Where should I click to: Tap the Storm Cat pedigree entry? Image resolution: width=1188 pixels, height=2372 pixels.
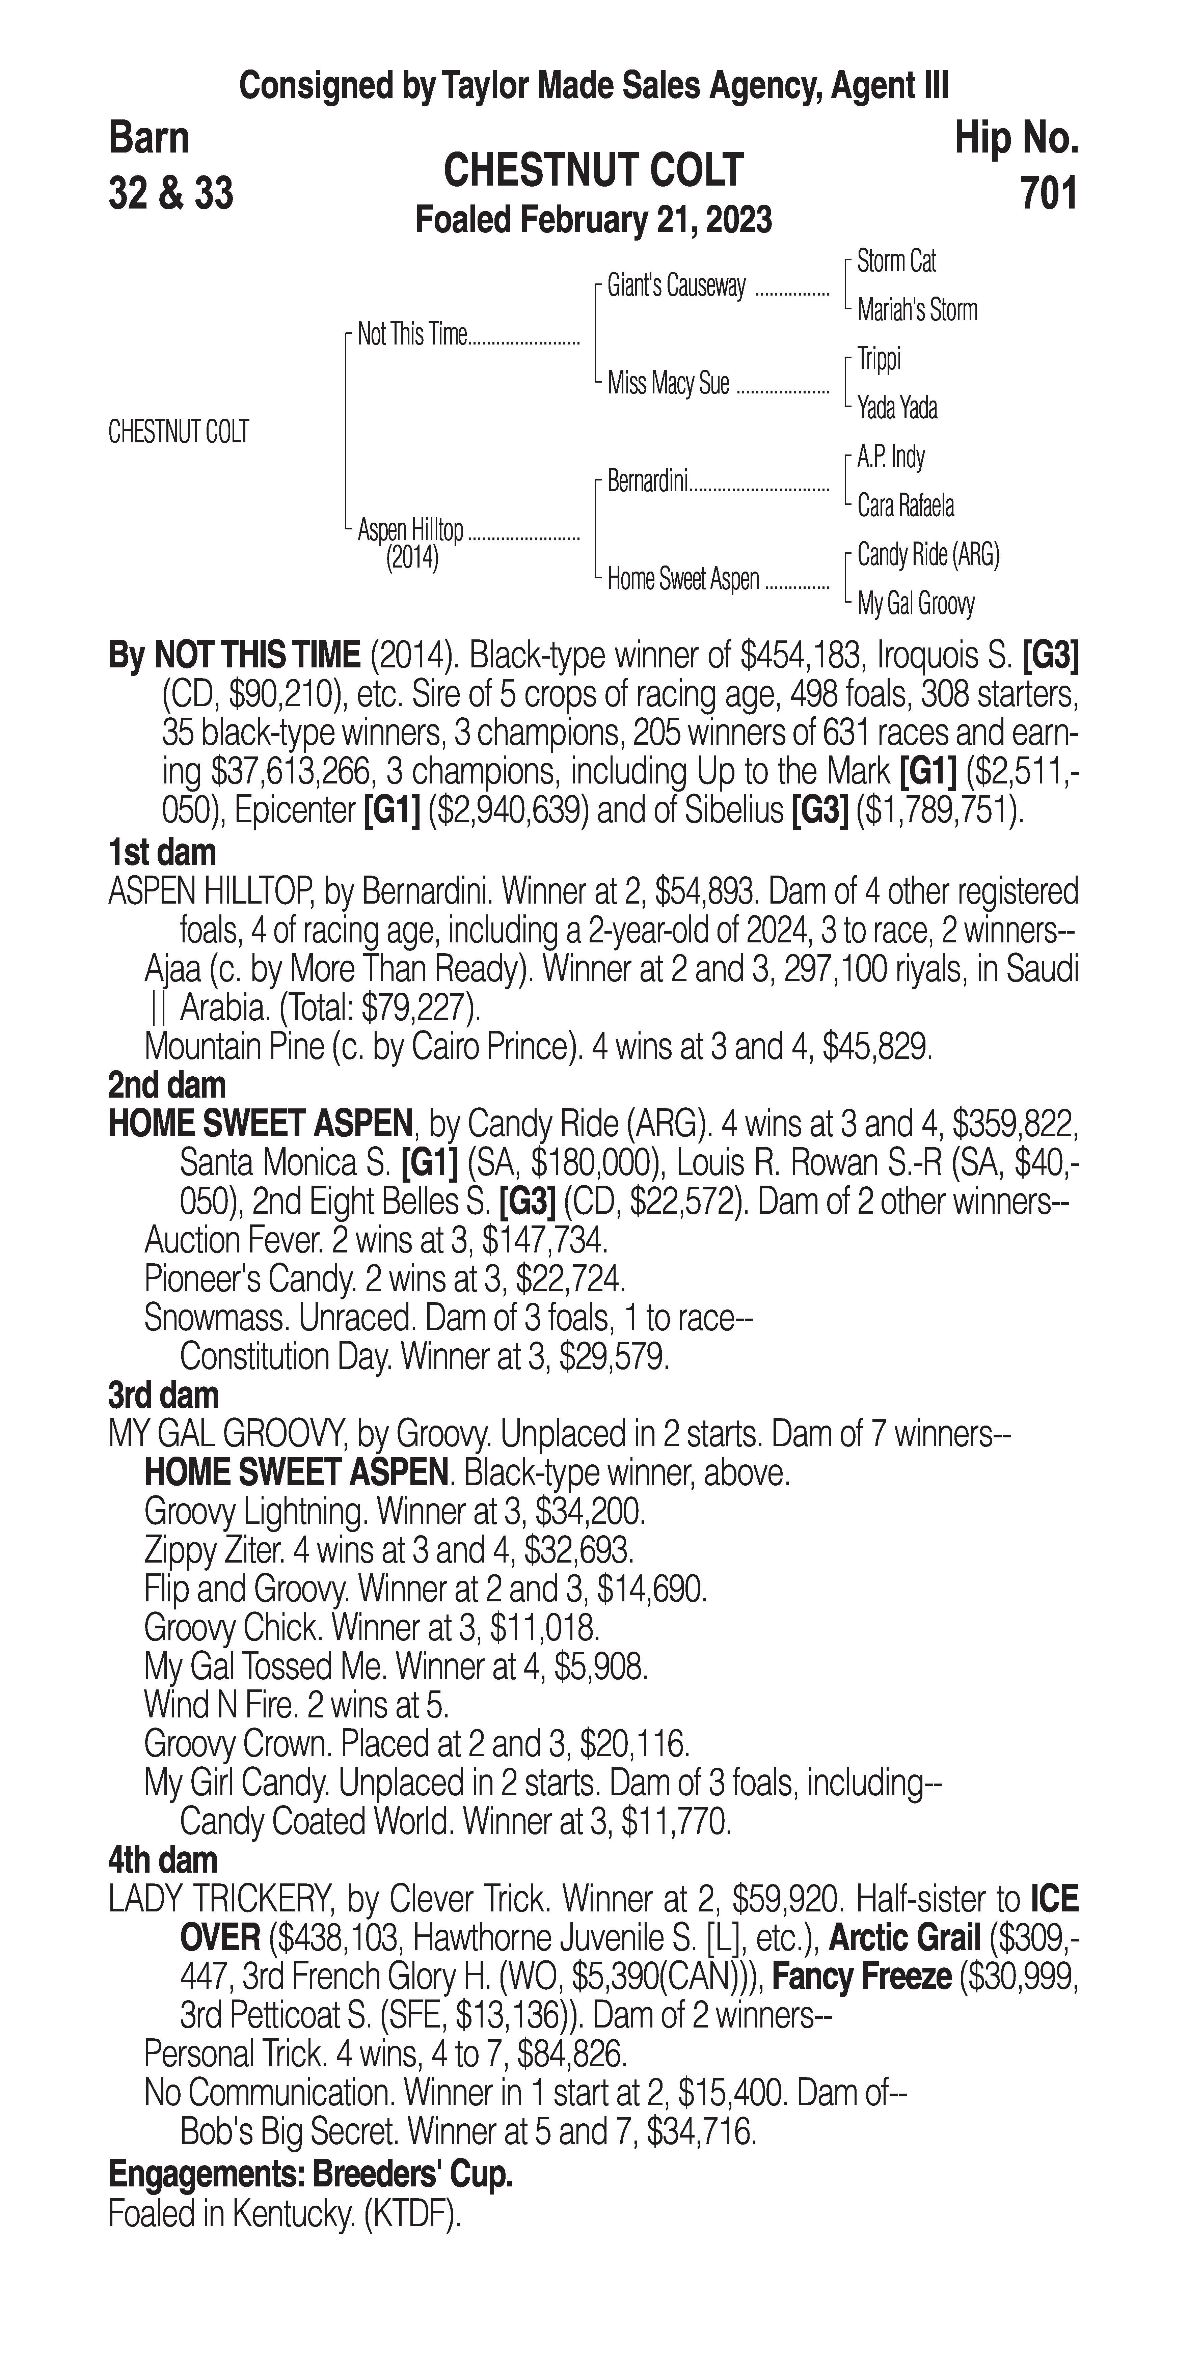click(x=896, y=261)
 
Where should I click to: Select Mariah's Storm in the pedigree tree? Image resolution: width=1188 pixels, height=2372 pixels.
click(x=916, y=310)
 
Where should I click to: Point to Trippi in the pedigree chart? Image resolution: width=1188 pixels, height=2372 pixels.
click(x=879, y=359)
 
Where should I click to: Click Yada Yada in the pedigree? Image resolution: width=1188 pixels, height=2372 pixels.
click(x=897, y=408)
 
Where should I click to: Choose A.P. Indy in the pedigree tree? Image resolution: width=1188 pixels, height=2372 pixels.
click(x=891, y=457)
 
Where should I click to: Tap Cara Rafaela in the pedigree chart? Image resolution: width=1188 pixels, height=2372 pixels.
click(x=905, y=505)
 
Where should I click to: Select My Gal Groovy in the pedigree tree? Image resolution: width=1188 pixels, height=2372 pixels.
click(x=915, y=604)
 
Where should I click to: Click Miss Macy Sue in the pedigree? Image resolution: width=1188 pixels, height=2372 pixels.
click(x=668, y=383)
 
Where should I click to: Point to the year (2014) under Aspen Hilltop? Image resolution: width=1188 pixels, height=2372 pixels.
click(x=412, y=558)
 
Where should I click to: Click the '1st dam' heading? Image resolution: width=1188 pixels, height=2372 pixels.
click(x=162, y=853)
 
